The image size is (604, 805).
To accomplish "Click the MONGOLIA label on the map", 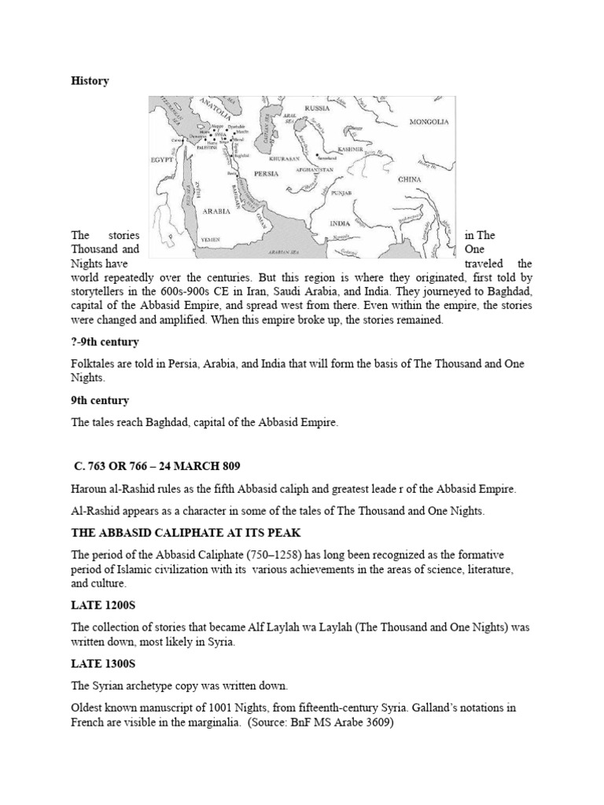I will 429,123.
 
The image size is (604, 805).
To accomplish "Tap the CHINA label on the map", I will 410,179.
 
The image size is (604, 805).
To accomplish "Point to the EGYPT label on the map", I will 162,160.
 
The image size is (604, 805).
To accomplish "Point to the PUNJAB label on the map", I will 340,192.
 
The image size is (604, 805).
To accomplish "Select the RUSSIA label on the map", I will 317,107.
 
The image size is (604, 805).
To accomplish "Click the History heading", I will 90,81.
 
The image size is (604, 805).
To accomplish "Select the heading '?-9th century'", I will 106,342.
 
